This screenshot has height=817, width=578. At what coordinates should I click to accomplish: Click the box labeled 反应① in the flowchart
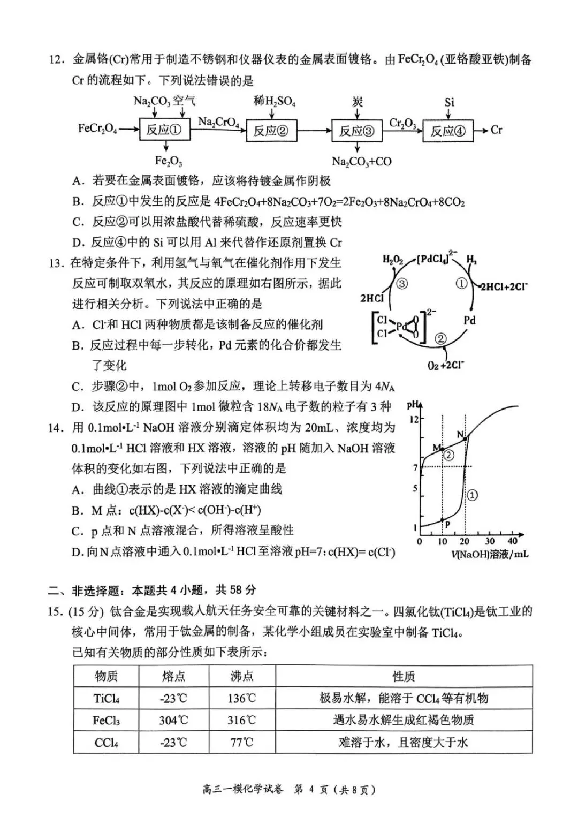[x=165, y=130]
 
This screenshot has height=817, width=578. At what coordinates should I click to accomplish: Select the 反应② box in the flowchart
[x=271, y=131]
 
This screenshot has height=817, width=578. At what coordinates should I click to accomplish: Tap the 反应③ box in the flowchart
[x=357, y=131]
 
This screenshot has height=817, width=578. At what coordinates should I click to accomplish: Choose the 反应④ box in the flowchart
[x=448, y=131]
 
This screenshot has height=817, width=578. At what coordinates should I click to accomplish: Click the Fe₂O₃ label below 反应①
[x=168, y=161]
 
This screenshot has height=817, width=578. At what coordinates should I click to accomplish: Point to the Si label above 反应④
[x=449, y=102]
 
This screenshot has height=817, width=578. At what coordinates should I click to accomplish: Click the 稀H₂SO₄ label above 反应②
[x=275, y=100]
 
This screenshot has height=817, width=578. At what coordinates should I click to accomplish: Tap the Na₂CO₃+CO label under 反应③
[x=362, y=161]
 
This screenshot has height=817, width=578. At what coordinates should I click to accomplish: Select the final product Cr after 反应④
[x=496, y=130]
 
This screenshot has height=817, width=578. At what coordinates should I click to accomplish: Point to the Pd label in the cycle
[x=469, y=320]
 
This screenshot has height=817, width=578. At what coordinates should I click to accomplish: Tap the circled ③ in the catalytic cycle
[x=401, y=284]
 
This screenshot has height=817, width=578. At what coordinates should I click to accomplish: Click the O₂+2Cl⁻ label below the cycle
[x=446, y=365]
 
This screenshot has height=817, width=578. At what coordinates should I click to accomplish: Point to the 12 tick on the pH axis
[x=414, y=419]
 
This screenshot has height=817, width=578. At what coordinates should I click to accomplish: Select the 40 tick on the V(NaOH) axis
[x=512, y=541]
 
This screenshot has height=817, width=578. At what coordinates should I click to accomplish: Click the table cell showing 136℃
[x=242, y=698]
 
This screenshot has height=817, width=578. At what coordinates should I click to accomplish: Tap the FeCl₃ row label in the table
[x=106, y=720]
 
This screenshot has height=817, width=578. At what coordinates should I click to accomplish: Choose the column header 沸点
[x=242, y=676]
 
